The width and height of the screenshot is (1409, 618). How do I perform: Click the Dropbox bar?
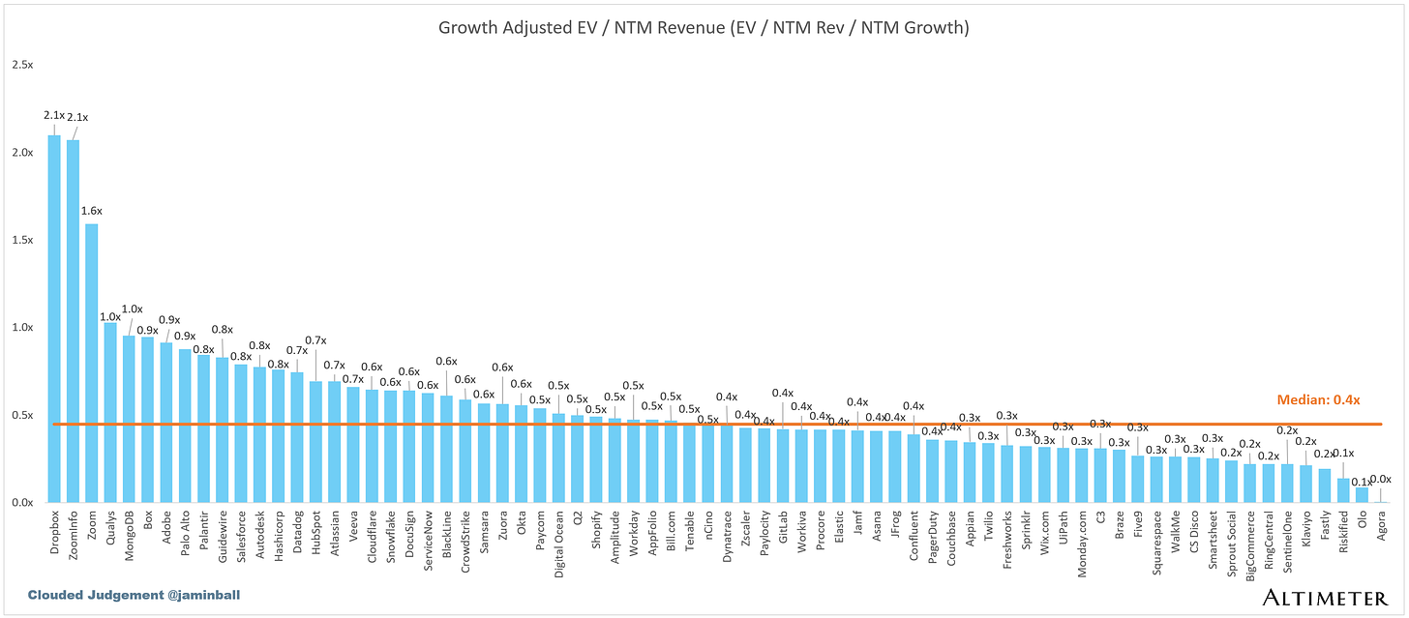point(54,319)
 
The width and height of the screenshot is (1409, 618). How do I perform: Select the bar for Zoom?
point(92,364)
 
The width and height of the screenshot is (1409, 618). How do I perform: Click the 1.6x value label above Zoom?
point(92,211)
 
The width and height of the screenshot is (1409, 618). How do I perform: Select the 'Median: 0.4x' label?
point(1318,399)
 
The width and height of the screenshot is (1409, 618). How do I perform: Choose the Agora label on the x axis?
point(1381,527)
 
